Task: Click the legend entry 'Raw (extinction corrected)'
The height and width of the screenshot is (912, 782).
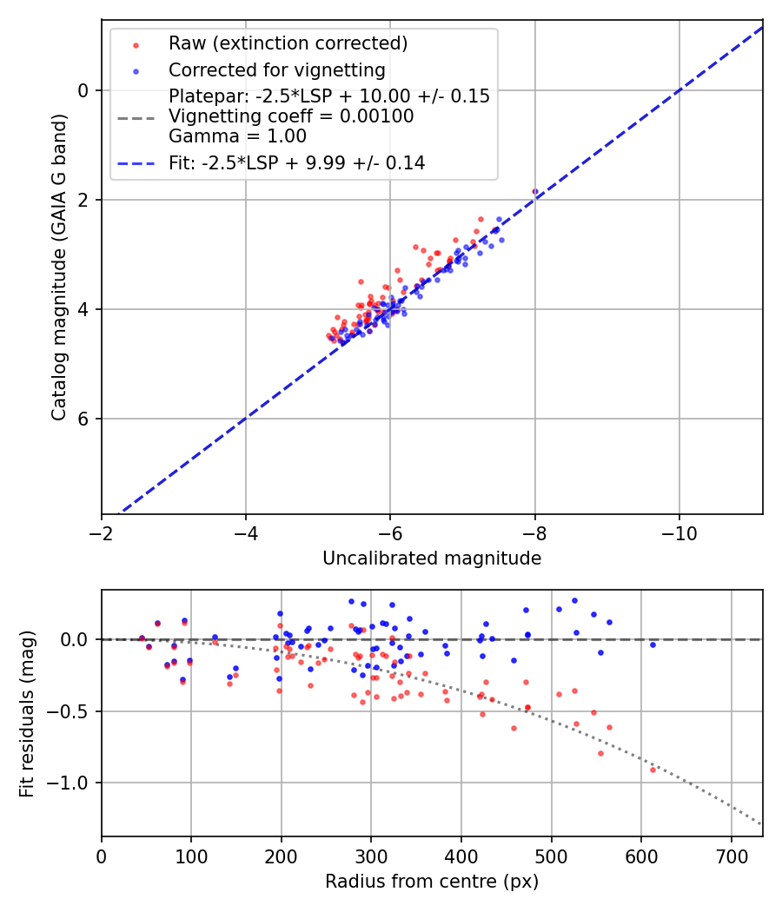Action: (x=288, y=43)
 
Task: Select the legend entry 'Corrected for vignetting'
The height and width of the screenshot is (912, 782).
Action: (x=276, y=69)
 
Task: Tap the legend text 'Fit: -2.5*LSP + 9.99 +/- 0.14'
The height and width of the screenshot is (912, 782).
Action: (x=296, y=163)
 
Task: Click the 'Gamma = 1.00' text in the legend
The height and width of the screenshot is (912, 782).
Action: (x=237, y=135)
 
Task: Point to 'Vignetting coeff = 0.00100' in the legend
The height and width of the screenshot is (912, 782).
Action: (x=291, y=116)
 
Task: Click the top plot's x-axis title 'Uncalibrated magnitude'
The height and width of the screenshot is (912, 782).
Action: (x=432, y=558)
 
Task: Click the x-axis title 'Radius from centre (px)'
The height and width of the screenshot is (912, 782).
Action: (x=432, y=882)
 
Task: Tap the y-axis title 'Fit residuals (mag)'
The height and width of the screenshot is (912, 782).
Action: (x=27, y=713)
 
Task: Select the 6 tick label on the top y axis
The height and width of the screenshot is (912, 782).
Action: (x=84, y=419)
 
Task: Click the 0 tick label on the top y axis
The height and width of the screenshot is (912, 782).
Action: (x=84, y=90)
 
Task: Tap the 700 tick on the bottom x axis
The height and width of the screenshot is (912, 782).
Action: (x=731, y=856)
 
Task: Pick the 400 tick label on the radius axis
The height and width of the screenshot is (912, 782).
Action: (x=461, y=856)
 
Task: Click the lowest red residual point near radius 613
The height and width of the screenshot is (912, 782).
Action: (x=653, y=770)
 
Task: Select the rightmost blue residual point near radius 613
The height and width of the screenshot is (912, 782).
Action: (x=653, y=644)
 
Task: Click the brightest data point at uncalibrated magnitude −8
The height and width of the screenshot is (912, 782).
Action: (x=535, y=191)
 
